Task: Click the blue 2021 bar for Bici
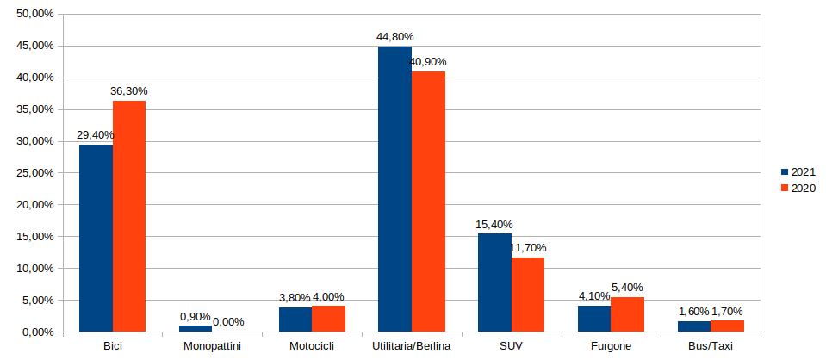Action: (x=96, y=238)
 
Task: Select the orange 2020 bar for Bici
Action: (x=129, y=215)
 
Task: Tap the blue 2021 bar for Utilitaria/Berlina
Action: (x=394, y=189)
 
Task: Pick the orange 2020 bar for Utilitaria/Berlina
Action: (x=428, y=202)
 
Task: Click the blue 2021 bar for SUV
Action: (x=494, y=282)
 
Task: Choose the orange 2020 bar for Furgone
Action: (x=627, y=314)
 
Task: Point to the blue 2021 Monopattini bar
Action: (x=196, y=328)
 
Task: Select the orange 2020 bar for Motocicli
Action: (x=328, y=319)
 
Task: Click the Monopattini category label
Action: (x=212, y=346)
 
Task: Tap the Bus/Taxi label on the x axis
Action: (x=711, y=346)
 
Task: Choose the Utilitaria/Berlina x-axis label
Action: (x=412, y=346)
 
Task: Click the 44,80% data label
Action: (x=394, y=37)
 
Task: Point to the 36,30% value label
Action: (x=128, y=91)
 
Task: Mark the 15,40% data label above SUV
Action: (x=494, y=225)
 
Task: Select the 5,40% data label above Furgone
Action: (x=627, y=288)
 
